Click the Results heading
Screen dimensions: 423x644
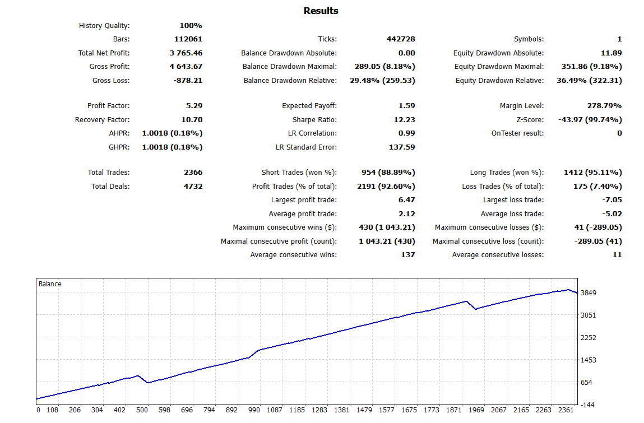[321, 11]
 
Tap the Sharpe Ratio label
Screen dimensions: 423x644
[314, 120]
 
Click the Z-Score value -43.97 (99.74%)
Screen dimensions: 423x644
[590, 120]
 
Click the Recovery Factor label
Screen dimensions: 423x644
[102, 120]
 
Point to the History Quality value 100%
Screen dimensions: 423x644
[191, 26]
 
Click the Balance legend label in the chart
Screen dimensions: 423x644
[50, 284]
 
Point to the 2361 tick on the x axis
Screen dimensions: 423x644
[566, 410]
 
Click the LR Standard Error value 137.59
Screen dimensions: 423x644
[402, 147]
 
